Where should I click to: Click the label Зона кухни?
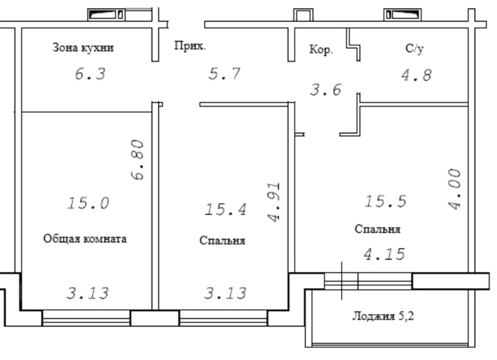[x=83, y=48]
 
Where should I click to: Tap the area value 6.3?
[x=90, y=74]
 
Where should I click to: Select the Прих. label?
[x=190, y=46]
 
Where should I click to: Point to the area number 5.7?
[x=224, y=74]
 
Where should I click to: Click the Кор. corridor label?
[x=321, y=50]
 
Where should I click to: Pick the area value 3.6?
[x=326, y=89]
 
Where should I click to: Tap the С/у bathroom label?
[x=414, y=48]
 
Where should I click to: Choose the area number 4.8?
[x=416, y=75]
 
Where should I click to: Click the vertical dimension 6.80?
[x=137, y=160]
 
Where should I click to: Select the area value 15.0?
[x=88, y=203]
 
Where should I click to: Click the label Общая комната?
[x=84, y=239]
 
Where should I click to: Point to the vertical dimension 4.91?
[x=273, y=202]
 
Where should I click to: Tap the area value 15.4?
[x=226, y=210]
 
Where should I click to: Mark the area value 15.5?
[x=385, y=201]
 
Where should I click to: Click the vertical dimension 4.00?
[x=455, y=189]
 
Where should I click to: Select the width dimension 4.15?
[x=384, y=254]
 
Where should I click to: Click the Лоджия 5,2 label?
[x=383, y=316]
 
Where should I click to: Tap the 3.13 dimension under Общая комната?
[x=88, y=293]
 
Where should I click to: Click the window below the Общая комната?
[x=86, y=318]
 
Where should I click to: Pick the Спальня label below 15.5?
[x=378, y=229]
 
